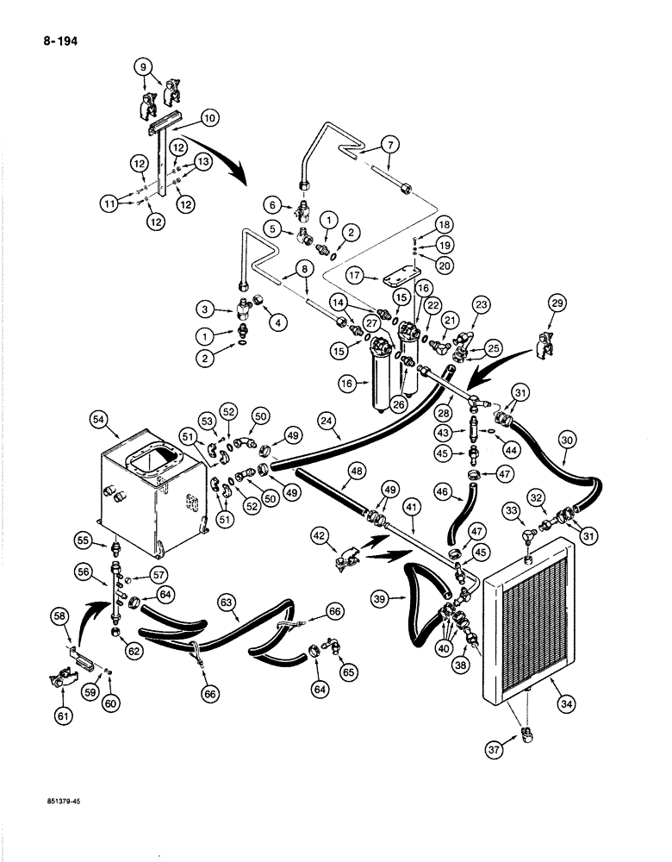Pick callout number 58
tap(59, 616)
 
